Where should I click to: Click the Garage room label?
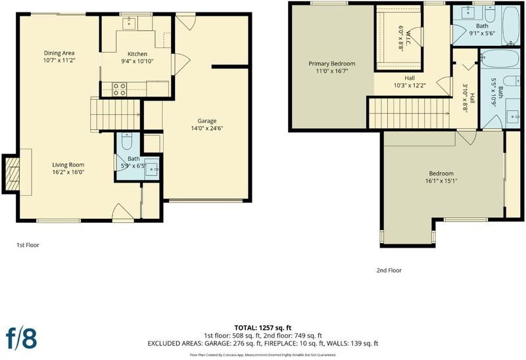[206, 121]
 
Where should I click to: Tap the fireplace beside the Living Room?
[12, 174]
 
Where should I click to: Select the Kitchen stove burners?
[120, 89]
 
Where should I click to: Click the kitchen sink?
[129, 24]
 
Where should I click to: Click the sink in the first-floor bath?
[153, 169]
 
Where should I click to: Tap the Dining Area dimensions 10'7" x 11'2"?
[59, 60]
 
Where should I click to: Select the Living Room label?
[68, 165]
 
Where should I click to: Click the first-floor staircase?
[115, 114]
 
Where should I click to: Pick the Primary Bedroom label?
[332, 64]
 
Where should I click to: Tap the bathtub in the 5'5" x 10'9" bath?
[500, 59]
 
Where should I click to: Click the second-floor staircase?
[409, 113]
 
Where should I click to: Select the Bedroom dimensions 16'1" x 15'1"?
[441, 181]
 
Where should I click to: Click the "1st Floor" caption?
[28, 245]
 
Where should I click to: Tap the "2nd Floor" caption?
[389, 270]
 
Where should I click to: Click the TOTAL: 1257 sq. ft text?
[263, 328]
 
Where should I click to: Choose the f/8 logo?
[22, 337]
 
